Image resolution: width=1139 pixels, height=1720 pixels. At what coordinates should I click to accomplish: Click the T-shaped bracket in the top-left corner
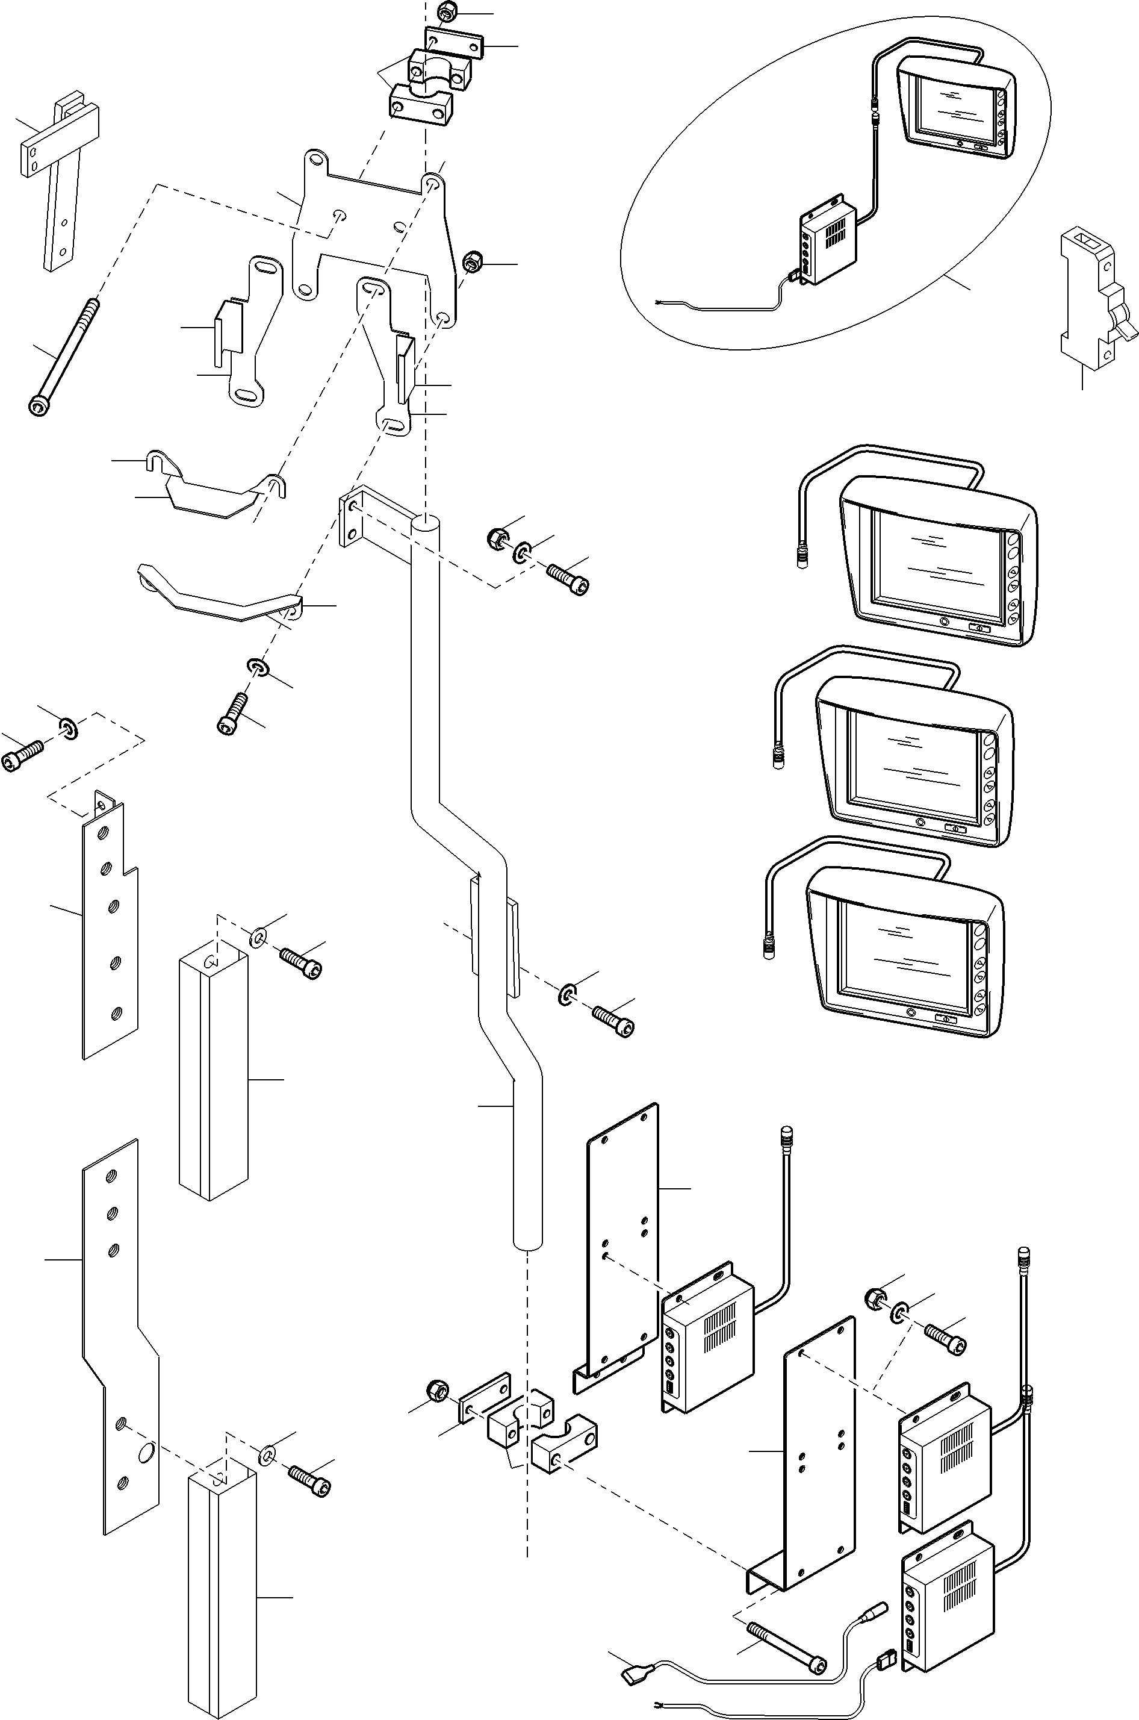pos(58,175)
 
